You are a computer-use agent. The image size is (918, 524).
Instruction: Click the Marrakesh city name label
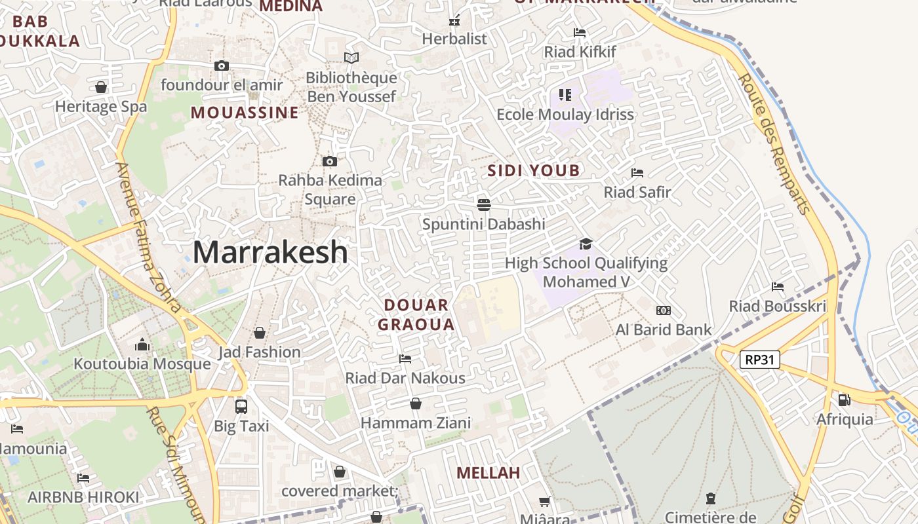pyautogui.click(x=270, y=252)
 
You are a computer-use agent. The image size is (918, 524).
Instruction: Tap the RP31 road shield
pyautogui.click(x=759, y=359)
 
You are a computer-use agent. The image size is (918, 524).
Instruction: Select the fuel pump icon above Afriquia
pyautogui.click(x=845, y=400)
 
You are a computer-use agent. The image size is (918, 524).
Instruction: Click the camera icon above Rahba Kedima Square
pyautogui.click(x=330, y=161)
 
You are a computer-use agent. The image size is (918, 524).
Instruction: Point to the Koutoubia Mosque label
pyautogui.click(x=142, y=364)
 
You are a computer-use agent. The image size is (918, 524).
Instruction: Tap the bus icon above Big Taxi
pyautogui.click(x=241, y=406)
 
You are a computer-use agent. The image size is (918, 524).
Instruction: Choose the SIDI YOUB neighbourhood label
pyautogui.click(x=534, y=171)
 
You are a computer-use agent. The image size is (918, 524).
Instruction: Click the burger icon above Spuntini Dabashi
pyautogui.click(x=484, y=204)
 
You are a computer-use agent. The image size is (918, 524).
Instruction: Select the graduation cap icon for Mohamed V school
pyautogui.click(x=586, y=244)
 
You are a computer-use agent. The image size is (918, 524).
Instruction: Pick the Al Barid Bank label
pyautogui.click(x=664, y=329)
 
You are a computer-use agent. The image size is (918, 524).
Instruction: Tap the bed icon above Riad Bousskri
pyautogui.click(x=778, y=286)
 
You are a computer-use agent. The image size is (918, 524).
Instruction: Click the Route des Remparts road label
pyautogui.click(x=774, y=143)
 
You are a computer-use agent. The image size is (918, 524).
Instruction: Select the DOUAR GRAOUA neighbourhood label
pyautogui.click(x=416, y=314)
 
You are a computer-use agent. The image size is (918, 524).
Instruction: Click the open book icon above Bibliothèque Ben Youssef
pyautogui.click(x=351, y=58)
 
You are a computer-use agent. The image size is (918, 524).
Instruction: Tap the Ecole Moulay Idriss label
pyautogui.click(x=565, y=115)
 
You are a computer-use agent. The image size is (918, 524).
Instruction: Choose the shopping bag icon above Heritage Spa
pyautogui.click(x=101, y=87)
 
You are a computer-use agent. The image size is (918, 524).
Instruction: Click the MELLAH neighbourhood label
pyautogui.click(x=488, y=473)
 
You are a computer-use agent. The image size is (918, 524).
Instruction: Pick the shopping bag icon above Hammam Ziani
pyautogui.click(x=415, y=403)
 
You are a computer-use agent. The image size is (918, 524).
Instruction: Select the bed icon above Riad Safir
pyautogui.click(x=637, y=173)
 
